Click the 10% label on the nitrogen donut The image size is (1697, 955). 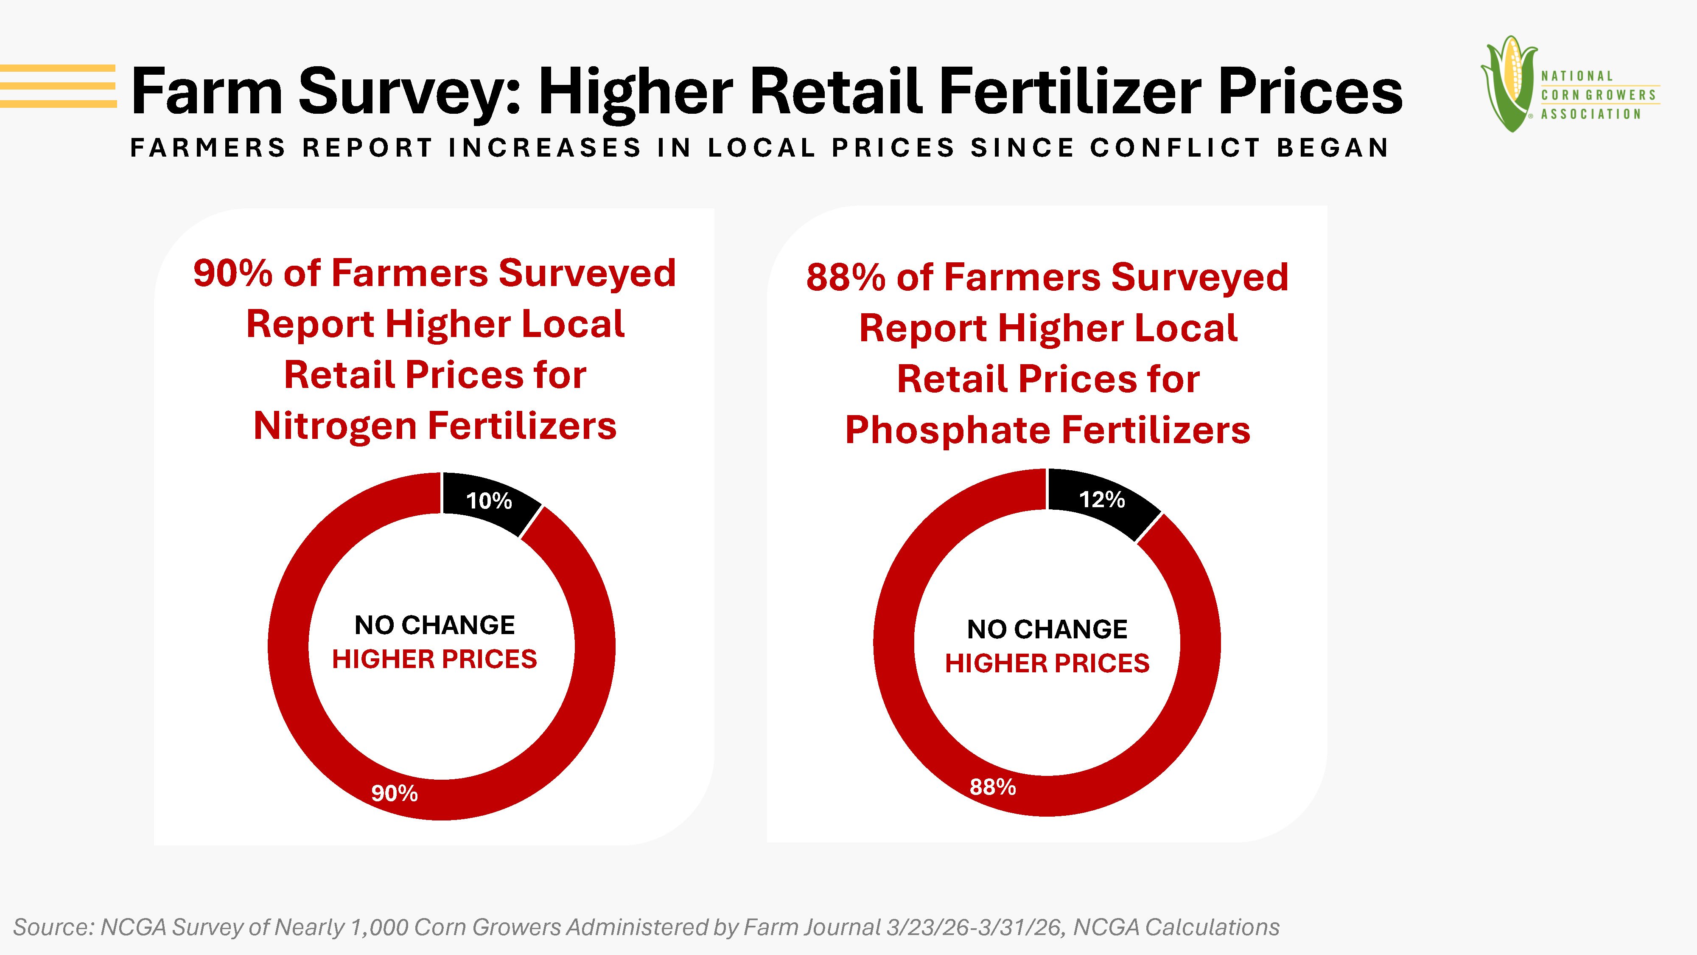coord(489,501)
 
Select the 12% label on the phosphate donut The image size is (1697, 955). coord(1101,500)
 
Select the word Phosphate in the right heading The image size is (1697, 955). coord(948,430)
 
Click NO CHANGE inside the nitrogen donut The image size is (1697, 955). coord(435,625)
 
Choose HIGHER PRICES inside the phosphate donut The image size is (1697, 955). coord(1047,663)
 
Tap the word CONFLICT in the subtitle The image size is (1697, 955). coord(1175,148)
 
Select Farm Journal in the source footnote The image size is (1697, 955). coord(812,927)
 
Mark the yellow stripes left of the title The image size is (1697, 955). coord(58,86)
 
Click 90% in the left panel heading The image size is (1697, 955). coord(232,273)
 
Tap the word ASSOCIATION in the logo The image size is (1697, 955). coord(1590,114)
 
